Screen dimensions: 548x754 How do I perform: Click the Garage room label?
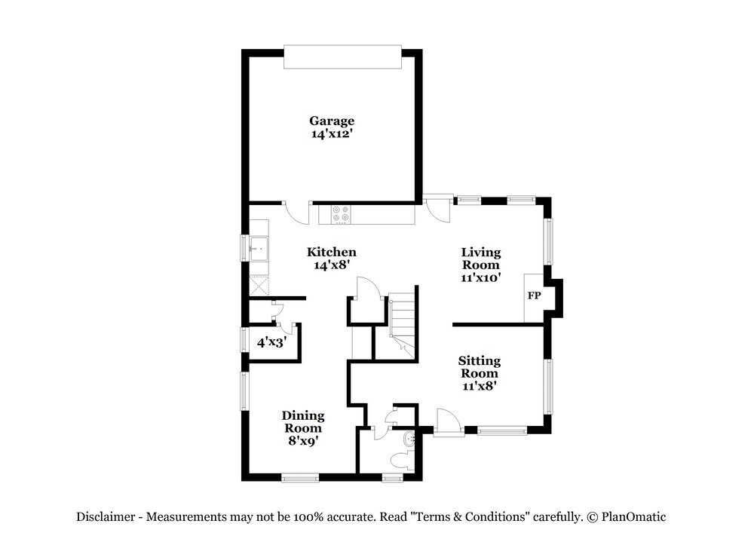click(332, 121)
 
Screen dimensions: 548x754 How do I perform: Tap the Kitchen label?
click(331, 252)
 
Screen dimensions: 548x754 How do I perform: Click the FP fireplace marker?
click(534, 295)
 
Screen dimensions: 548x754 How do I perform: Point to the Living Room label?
click(481, 259)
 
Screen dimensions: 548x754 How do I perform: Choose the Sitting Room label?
click(480, 367)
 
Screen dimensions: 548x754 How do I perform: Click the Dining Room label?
click(303, 421)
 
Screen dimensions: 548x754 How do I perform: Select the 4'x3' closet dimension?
click(271, 342)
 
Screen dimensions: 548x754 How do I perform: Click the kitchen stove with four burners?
click(341, 214)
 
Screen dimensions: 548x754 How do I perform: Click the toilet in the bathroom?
click(400, 460)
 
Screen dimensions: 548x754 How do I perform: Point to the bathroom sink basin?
click(409, 439)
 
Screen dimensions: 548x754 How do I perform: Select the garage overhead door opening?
click(343, 58)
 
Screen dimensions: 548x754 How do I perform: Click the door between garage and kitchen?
click(296, 210)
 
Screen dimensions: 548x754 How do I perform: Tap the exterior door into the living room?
click(436, 208)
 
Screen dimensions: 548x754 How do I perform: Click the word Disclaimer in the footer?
click(106, 517)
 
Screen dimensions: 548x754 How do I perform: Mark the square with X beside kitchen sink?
click(259, 286)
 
